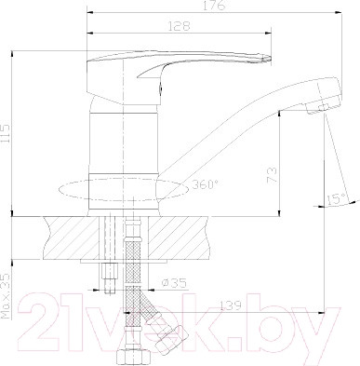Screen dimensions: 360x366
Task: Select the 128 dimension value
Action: pos(179,26)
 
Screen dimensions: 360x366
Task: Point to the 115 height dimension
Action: pos(6,133)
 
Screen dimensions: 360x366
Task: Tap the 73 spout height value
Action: pos(272,176)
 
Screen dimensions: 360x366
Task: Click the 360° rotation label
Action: pos(205,184)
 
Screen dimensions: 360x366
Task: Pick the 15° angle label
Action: pos(336,199)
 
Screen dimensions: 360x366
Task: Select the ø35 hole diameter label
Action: pos(175,283)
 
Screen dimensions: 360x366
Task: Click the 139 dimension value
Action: pos(230,305)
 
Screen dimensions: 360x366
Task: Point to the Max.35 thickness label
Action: pos(6,295)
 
